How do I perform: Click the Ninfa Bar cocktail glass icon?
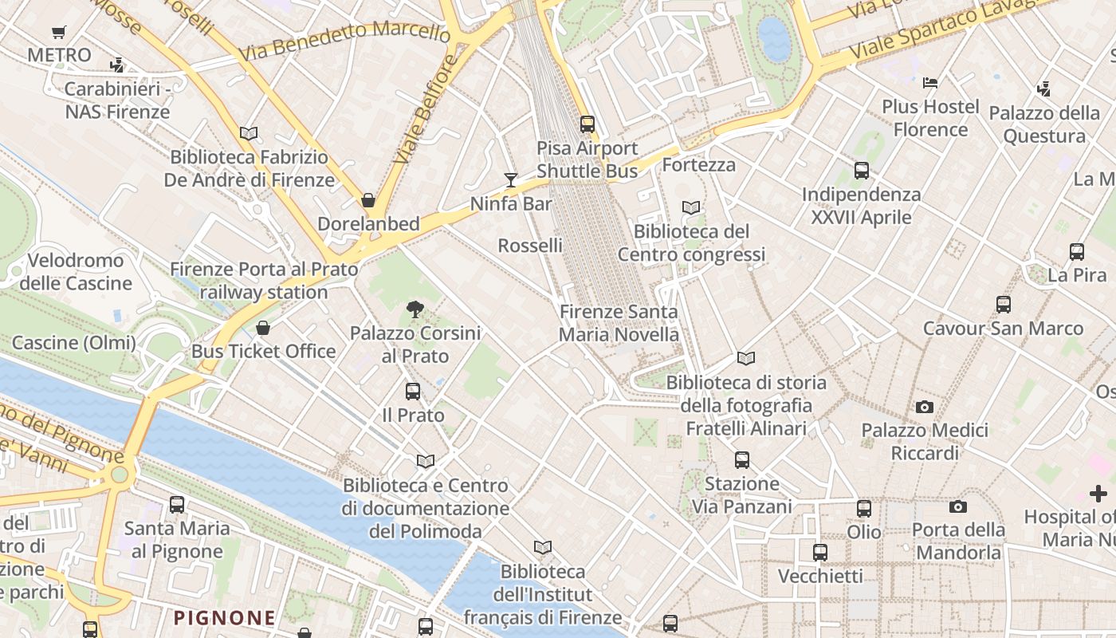(x=511, y=180)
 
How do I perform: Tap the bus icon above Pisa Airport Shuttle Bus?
(x=587, y=124)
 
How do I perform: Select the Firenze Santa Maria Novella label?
(x=619, y=323)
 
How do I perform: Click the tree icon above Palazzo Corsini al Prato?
(x=415, y=309)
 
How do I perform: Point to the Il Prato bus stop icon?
(x=412, y=392)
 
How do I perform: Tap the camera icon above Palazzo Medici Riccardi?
(x=924, y=408)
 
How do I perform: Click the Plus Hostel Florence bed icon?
(x=929, y=83)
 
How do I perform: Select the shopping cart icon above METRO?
(x=58, y=33)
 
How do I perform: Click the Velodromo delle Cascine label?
(x=76, y=272)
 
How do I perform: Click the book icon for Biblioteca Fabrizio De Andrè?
(x=249, y=134)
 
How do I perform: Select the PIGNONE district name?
(x=225, y=617)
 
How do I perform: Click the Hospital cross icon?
(x=1098, y=494)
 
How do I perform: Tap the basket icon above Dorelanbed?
(x=368, y=200)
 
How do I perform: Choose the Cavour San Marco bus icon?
(x=1003, y=305)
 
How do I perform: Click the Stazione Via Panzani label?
(x=741, y=494)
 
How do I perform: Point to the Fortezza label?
(x=698, y=165)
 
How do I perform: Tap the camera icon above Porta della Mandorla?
(x=957, y=507)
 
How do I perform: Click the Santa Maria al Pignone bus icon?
(x=177, y=505)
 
